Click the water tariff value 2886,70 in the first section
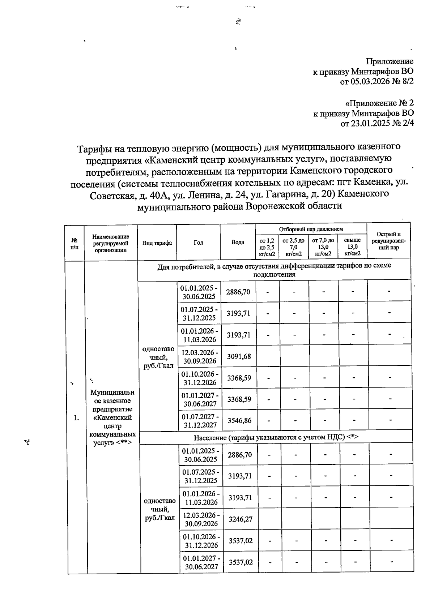pyautogui.click(x=238, y=292)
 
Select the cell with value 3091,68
pyautogui.click(x=239, y=356)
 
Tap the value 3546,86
pyautogui.click(x=239, y=421)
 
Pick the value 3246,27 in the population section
pyautogui.click(x=240, y=519)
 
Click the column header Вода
pyautogui.click(x=238, y=242)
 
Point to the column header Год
pyautogui.click(x=198, y=243)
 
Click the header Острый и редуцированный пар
pyautogui.click(x=388, y=241)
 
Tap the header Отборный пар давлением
pyautogui.click(x=311, y=229)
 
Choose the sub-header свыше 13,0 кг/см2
pyautogui.click(x=352, y=247)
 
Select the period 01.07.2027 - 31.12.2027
pyautogui.click(x=200, y=421)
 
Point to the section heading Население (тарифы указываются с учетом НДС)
pyautogui.click(x=276, y=437)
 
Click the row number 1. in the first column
pyautogui.click(x=76, y=418)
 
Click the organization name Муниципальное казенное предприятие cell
pyautogui.click(x=112, y=417)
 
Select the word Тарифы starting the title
pyautogui.click(x=94, y=148)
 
